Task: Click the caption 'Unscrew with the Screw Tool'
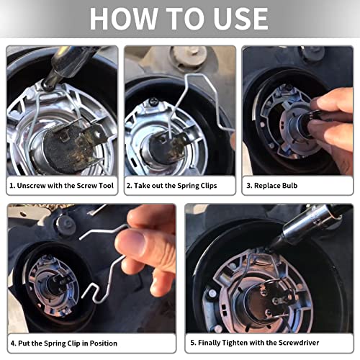coord(63,185)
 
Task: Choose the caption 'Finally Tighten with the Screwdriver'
coord(266,343)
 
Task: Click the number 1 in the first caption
coord(12,185)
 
